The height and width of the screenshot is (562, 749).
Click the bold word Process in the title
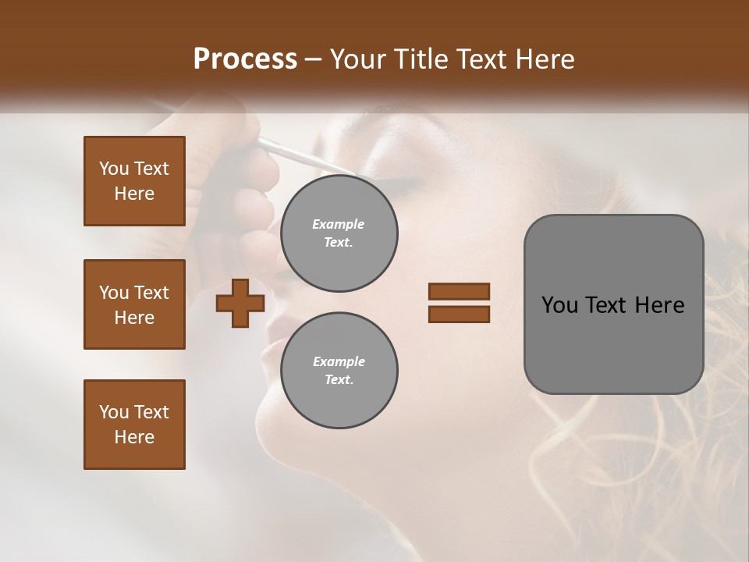245,59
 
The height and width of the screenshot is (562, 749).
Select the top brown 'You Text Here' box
134,181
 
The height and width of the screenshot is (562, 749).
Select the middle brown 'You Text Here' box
134,304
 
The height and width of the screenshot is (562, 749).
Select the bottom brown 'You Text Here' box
134,425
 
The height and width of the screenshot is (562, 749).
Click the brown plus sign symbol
240,304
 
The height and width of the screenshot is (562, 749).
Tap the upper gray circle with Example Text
339,233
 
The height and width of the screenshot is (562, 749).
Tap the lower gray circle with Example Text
339,371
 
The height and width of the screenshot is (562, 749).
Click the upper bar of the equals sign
459,292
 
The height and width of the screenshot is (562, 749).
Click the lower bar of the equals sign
459,315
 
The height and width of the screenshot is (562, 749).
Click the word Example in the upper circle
338,224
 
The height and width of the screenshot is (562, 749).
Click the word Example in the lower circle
338,361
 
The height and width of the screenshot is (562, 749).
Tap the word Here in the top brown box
134,194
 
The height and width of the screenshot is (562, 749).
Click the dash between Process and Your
313,59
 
